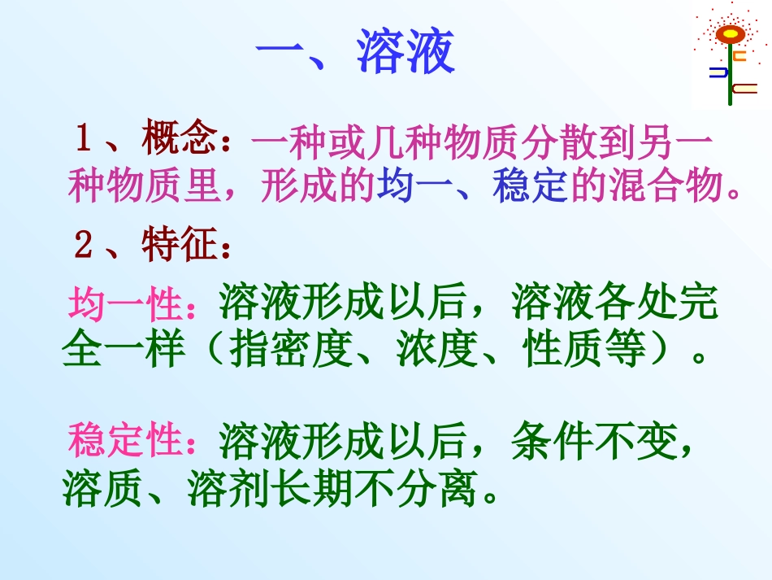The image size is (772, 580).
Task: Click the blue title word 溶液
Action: point(406,55)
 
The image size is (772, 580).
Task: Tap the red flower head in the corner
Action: point(730,35)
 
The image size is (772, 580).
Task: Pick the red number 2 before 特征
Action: point(84,245)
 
